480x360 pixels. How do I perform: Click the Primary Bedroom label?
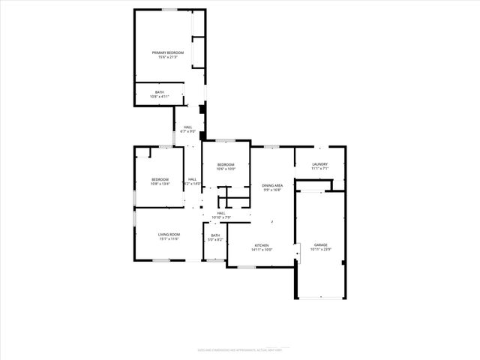(168, 52)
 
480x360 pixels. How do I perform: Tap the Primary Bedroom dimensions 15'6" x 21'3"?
(168, 58)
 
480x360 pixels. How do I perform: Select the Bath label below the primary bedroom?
(160, 92)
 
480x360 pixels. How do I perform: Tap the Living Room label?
(168, 235)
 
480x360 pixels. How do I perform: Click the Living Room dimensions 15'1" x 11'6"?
(168, 240)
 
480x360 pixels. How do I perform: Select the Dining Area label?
(272, 184)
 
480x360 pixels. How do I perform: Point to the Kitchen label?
(262, 245)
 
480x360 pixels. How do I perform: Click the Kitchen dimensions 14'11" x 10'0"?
(262, 250)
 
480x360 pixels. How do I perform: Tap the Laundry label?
(320, 164)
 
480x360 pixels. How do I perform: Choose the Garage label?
(321, 245)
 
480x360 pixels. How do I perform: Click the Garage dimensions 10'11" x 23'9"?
(321, 250)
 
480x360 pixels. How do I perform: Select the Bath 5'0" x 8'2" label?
(215, 238)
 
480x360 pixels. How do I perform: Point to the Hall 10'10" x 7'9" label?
(221, 215)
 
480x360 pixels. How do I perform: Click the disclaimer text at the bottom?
(239, 349)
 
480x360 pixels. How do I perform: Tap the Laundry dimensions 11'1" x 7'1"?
(320, 169)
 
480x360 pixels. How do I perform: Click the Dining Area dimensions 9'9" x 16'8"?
(272, 190)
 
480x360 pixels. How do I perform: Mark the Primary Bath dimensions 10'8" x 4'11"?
(160, 97)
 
